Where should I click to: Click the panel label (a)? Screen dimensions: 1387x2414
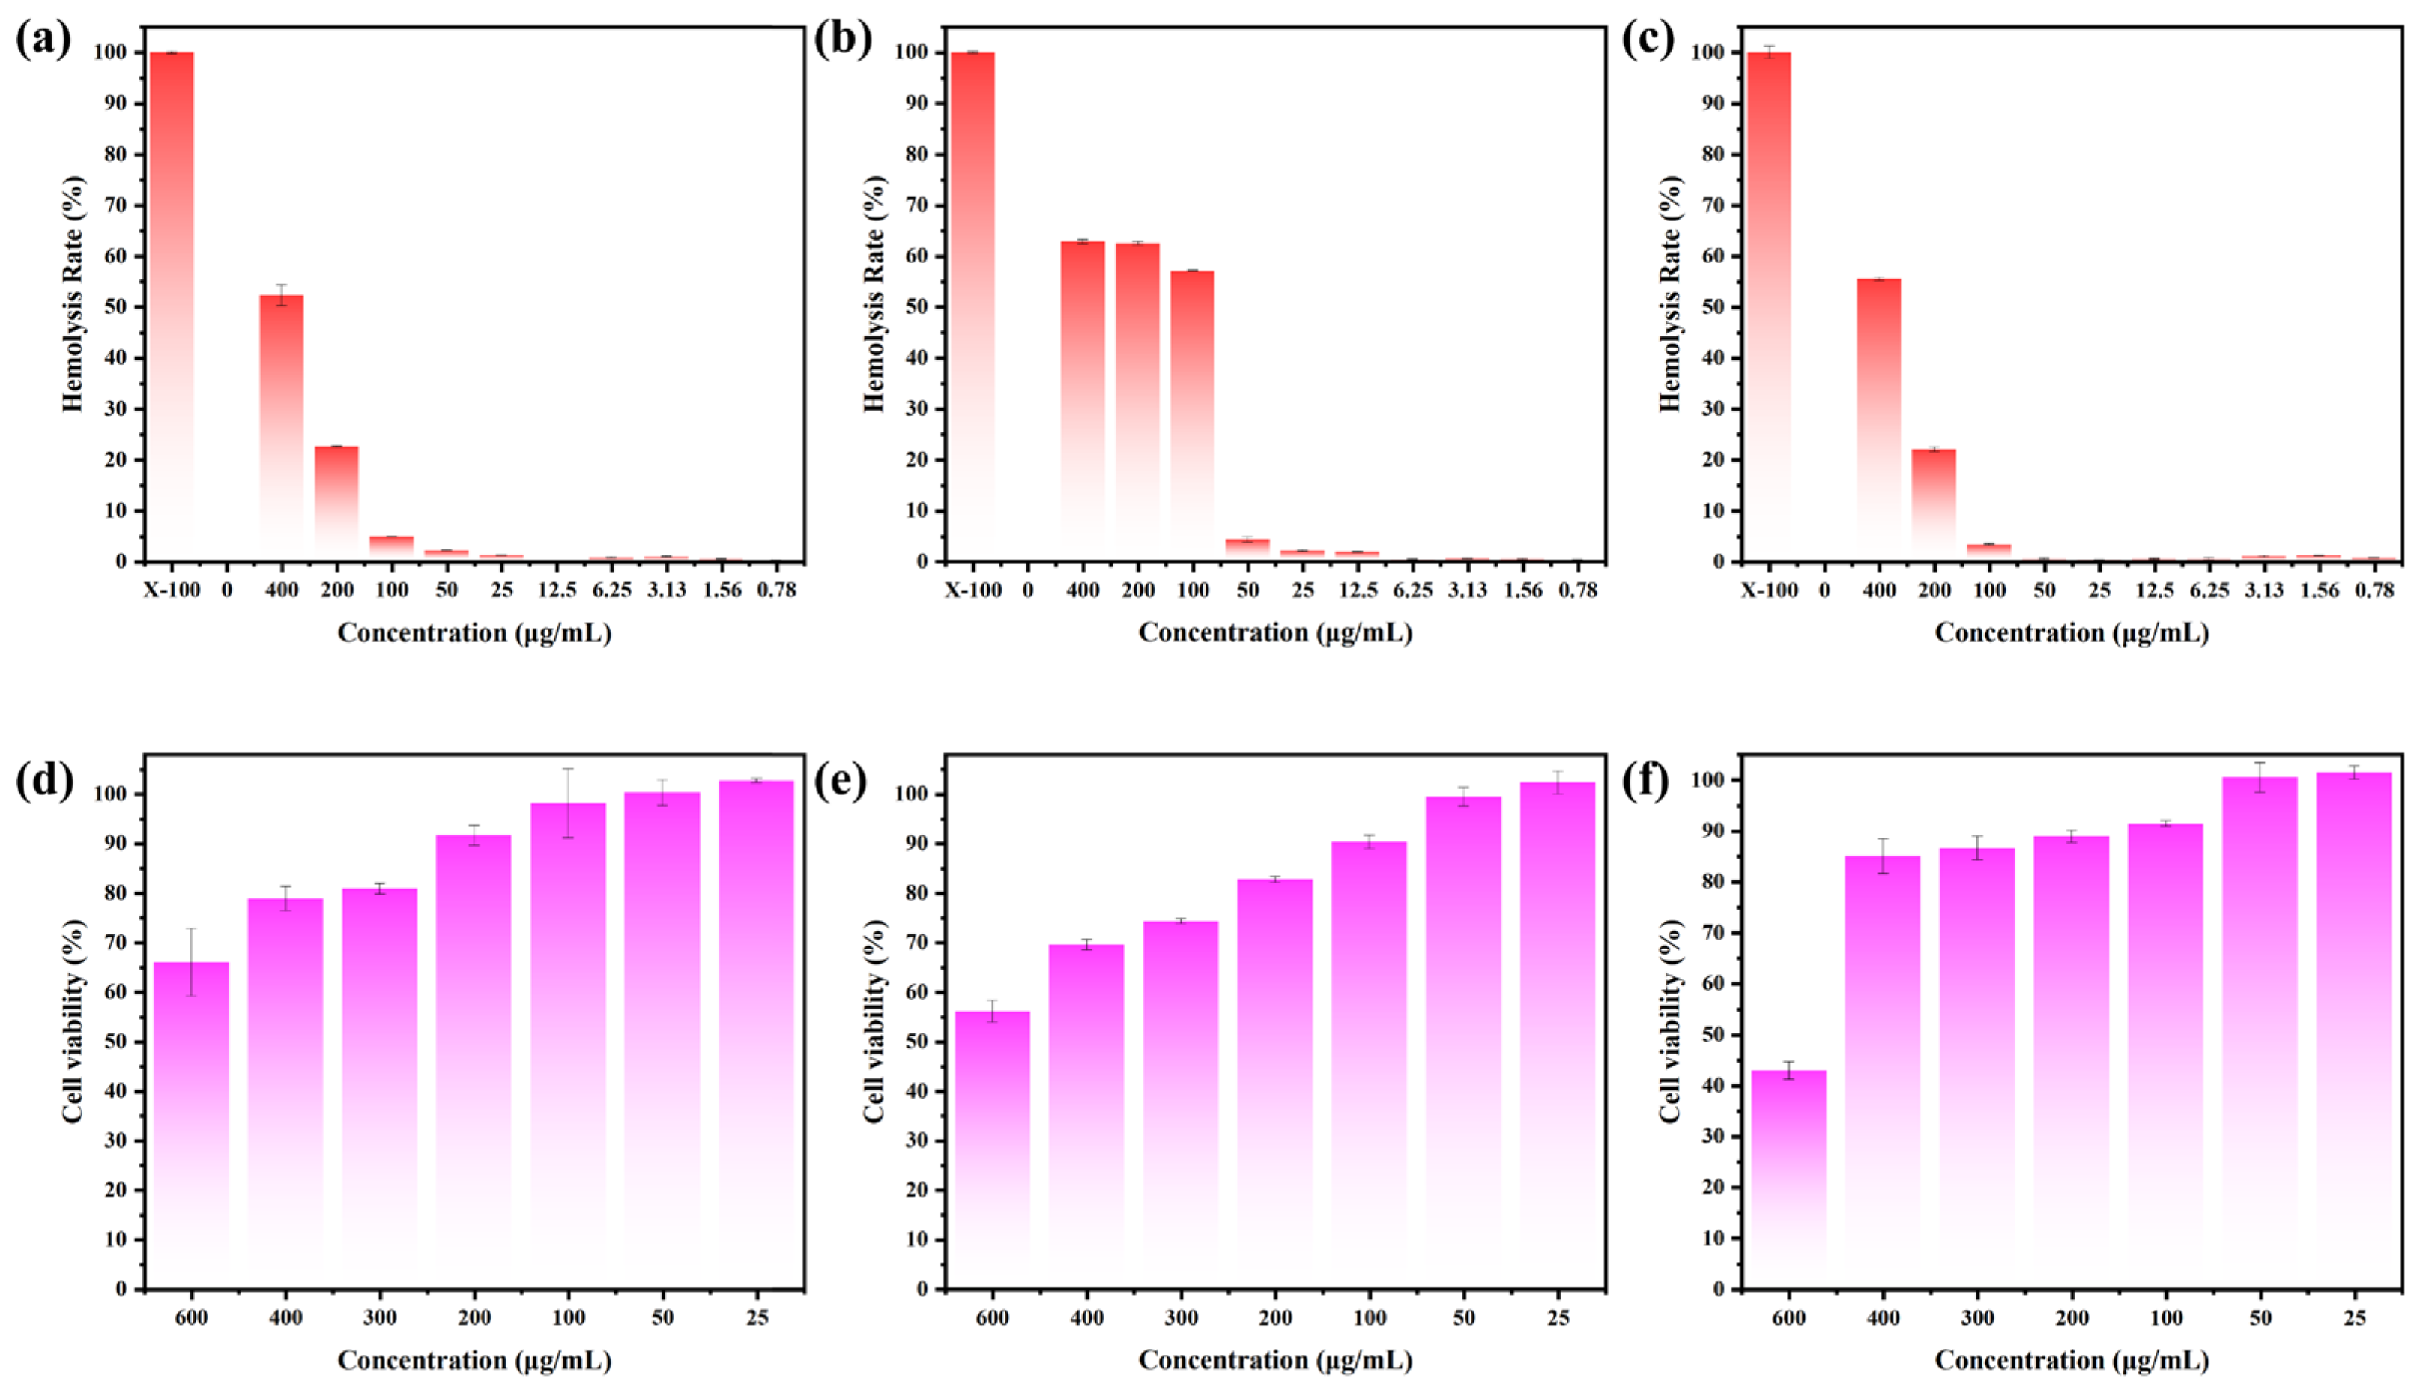click(x=43, y=41)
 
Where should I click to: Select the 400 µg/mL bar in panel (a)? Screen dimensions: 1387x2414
click(x=282, y=429)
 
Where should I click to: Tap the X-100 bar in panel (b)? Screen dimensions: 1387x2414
click(x=972, y=305)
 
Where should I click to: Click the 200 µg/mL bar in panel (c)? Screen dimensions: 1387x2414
click(x=1934, y=505)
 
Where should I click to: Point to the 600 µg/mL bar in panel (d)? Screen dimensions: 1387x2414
click(x=191, y=1124)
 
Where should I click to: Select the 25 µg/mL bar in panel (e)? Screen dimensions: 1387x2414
click(x=1557, y=1033)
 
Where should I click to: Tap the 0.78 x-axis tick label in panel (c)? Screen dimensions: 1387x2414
click(x=2374, y=590)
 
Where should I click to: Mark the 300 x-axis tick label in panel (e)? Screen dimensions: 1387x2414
click(x=1181, y=1317)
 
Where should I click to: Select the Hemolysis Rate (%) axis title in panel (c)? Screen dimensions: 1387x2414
click(x=1670, y=294)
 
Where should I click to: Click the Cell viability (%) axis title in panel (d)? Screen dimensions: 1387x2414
click(x=73, y=1021)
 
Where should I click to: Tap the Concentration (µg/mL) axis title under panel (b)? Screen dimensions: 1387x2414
click(x=1274, y=632)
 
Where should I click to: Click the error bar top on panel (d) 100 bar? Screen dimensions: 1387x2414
click(x=569, y=769)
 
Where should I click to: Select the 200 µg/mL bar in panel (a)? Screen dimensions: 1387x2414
click(x=337, y=503)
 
